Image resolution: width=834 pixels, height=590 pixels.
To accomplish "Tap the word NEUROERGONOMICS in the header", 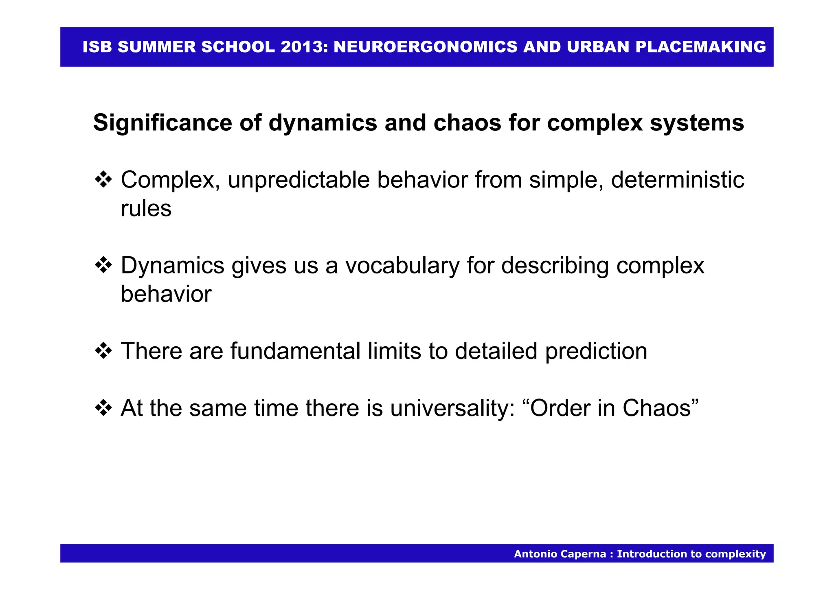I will click(x=426, y=47).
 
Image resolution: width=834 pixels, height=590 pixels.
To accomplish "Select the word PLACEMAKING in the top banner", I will click(x=700, y=47).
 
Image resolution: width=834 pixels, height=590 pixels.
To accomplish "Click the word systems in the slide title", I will click(x=697, y=123).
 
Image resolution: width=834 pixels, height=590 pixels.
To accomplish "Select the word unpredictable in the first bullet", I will click(x=298, y=180).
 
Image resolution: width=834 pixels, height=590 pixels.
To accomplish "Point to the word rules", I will click(x=146, y=209).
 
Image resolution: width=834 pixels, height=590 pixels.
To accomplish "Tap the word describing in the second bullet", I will click(x=555, y=265).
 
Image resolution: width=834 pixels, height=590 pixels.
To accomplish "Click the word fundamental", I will click(x=295, y=351).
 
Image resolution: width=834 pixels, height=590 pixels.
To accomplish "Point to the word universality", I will click(x=452, y=408).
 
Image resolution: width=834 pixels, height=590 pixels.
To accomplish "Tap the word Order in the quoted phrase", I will click(x=560, y=408).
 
